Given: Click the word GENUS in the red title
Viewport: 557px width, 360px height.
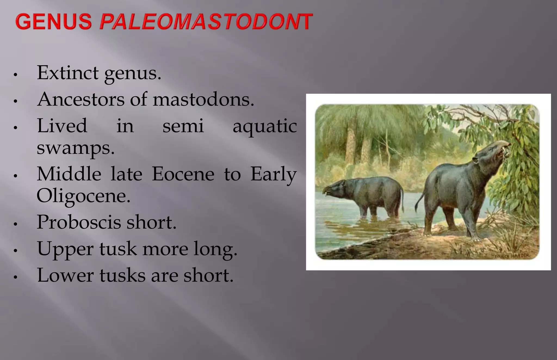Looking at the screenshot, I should tap(54, 21).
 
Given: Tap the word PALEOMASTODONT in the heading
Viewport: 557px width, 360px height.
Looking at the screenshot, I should tap(206, 21).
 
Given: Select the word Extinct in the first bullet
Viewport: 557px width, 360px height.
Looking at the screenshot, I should tap(68, 73).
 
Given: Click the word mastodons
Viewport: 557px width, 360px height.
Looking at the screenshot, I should tap(203, 100).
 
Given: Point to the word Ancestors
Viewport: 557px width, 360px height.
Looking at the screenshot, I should tap(81, 100).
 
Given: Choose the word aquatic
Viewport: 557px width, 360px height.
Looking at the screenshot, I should tap(264, 126).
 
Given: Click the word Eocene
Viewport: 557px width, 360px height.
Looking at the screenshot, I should tap(183, 174).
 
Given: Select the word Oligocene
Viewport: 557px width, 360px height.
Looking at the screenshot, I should tap(83, 196).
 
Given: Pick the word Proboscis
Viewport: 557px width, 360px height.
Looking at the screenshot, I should tap(79, 222).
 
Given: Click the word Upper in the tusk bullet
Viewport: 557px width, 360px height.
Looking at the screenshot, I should tap(65, 249).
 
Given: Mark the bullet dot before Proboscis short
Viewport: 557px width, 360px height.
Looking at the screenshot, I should tap(16, 224).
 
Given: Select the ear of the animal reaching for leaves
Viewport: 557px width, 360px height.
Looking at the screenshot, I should tap(475, 160).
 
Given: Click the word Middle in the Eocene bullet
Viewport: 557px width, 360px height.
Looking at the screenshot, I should tap(69, 174).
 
